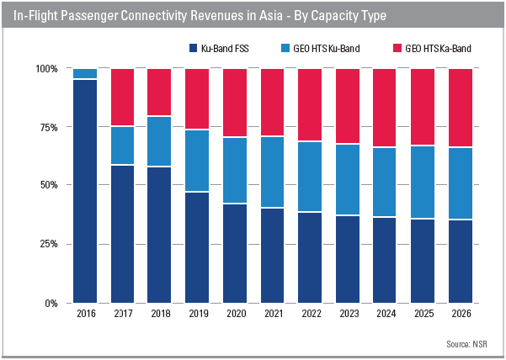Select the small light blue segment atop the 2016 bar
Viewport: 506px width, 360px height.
click(x=85, y=74)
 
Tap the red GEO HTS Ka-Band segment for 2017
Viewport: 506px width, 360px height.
click(x=122, y=98)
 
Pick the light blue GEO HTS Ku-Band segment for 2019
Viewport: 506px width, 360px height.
click(x=197, y=161)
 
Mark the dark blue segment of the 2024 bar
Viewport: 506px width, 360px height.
click(x=385, y=260)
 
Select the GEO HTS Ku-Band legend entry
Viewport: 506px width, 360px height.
click(x=322, y=48)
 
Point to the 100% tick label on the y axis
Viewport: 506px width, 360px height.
click(x=46, y=68)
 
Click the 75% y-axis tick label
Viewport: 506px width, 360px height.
click(x=49, y=127)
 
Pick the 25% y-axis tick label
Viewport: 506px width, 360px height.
click(x=49, y=244)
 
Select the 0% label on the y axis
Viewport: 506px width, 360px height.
click(x=51, y=303)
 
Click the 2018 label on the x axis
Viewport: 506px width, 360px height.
click(x=160, y=314)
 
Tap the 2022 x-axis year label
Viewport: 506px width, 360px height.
click(x=310, y=314)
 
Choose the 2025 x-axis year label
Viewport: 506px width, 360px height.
click(x=423, y=314)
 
